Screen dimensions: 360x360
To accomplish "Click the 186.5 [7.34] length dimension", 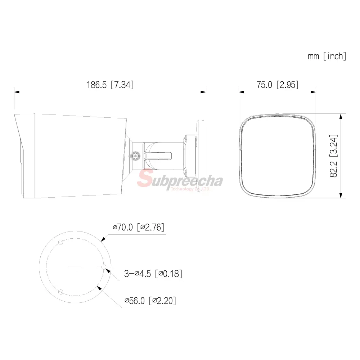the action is (x=110, y=85).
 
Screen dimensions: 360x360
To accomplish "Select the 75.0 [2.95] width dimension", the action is (x=277, y=85).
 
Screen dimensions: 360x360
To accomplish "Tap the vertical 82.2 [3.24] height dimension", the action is (x=334, y=156).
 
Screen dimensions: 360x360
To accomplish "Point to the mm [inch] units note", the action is (x=327, y=56).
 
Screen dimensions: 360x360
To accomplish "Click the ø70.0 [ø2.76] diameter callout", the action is (x=139, y=227).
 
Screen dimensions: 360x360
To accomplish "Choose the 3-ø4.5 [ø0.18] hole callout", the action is (x=153, y=274).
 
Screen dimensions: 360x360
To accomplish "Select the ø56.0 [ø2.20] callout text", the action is (x=150, y=301).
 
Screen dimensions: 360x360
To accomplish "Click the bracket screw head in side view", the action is (x=136, y=156).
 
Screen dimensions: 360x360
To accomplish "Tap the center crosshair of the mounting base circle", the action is (x=75, y=267).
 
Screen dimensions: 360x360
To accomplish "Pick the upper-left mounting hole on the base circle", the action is (x=60, y=242).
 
